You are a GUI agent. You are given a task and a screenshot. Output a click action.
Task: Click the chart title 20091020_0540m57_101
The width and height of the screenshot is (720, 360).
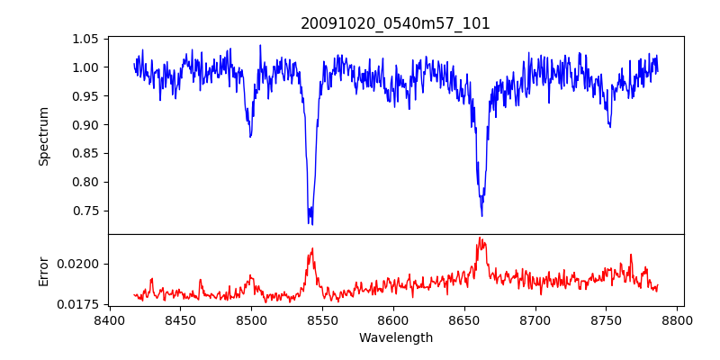395,23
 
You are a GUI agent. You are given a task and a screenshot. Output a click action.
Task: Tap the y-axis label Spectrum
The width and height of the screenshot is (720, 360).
43,136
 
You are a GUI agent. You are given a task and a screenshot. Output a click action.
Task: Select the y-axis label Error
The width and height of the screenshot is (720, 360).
43,271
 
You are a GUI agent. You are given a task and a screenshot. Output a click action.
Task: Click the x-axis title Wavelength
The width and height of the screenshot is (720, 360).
395,338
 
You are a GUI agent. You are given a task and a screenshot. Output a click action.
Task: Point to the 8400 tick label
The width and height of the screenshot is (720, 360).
109,320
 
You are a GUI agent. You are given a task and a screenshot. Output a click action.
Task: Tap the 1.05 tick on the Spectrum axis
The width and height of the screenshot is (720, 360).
84,39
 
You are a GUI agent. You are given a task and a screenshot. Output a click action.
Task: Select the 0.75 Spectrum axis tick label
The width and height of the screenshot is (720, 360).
84,211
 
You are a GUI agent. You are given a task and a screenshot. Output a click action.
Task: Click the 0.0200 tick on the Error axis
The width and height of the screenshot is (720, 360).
78,264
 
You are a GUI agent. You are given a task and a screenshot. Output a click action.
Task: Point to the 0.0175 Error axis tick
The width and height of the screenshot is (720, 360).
78,304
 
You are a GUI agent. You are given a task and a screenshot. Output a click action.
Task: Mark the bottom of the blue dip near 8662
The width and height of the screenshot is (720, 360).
481,216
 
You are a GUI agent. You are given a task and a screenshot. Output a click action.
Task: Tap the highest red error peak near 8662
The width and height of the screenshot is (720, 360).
481,238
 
